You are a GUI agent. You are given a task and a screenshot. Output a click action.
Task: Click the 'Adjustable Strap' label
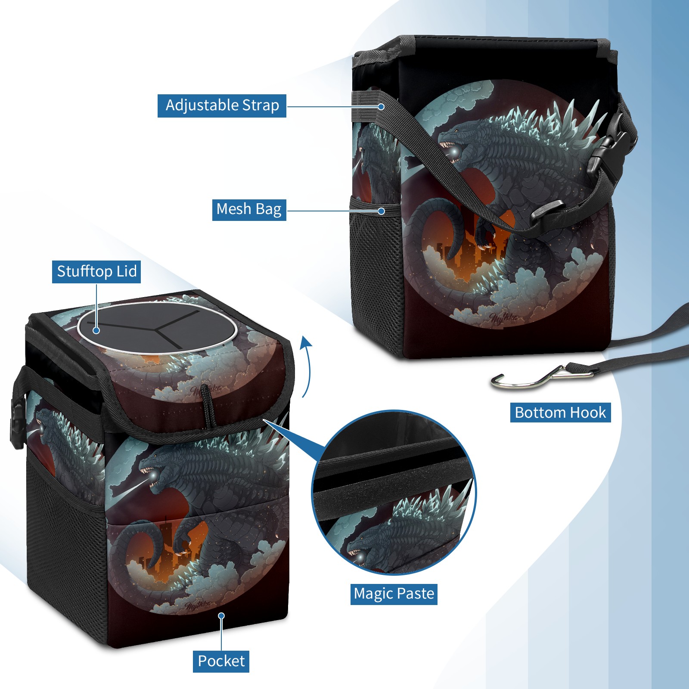[x=222, y=106]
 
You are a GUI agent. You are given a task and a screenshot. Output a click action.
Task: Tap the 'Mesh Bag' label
[x=249, y=210]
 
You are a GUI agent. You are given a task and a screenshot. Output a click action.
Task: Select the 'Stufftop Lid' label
[x=96, y=272]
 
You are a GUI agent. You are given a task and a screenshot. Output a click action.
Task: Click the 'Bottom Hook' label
[x=560, y=413]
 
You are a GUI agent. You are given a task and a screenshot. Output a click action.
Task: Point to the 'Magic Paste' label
[x=394, y=594]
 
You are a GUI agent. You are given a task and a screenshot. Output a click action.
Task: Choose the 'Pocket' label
[x=221, y=661]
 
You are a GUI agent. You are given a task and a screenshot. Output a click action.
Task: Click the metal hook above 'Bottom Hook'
[x=542, y=377]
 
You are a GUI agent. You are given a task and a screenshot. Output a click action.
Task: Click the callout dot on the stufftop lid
[x=96, y=330]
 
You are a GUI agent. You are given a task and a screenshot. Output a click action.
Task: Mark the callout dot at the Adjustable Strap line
[x=381, y=106]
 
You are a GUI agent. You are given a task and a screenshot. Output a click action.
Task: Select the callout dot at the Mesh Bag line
[x=381, y=211]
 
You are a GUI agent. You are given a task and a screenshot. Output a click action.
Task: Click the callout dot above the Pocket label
[x=221, y=616]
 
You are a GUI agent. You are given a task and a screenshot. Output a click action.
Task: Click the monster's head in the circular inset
[x=366, y=547]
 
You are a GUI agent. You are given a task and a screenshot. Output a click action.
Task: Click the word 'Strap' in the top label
[x=261, y=106]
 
